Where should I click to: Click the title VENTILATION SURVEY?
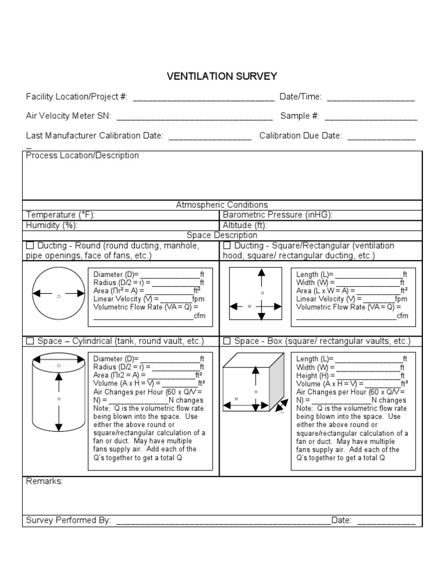click(x=222, y=76)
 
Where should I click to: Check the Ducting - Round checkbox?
click(x=30, y=246)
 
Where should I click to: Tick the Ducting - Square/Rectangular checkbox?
click(x=227, y=246)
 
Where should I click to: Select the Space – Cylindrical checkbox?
click(x=30, y=341)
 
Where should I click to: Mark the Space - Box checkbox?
click(x=227, y=341)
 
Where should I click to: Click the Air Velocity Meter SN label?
click(x=68, y=116)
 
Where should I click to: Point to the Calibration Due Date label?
click(x=300, y=136)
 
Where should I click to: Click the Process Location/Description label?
click(x=82, y=156)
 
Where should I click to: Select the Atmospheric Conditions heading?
click(x=222, y=205)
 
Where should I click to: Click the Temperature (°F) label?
click(x=60, y=215)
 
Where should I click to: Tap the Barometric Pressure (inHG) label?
click(x=278, y=215)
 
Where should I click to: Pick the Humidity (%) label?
click(x=52, y=225)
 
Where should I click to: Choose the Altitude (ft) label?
click(x=245, y=225)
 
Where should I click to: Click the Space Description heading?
click(x=222, y=235)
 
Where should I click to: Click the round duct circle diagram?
click(x=59, y=296)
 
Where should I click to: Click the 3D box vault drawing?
click(x=254, y=385)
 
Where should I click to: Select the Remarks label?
click(x=45, y=482)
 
